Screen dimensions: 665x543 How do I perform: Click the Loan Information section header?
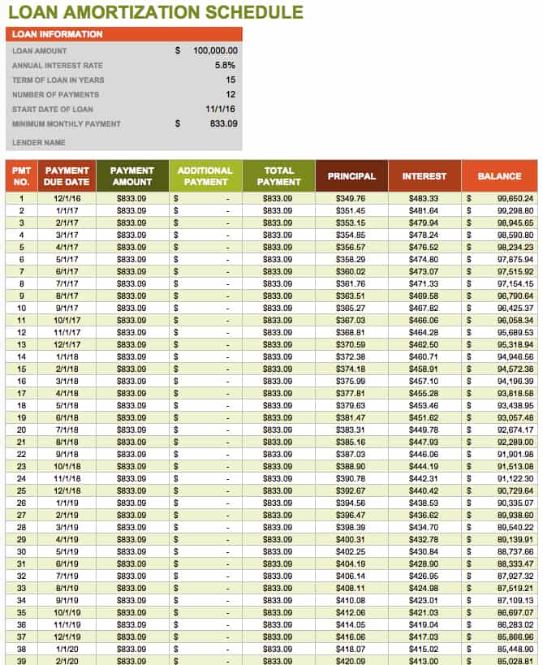(58, 34)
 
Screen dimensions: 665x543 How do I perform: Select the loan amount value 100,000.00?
(215, 50)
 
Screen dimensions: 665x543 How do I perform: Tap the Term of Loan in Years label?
(58, 80)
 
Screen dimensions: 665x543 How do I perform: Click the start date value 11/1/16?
(221, 109)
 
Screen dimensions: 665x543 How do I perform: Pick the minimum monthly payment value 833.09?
(222, 123)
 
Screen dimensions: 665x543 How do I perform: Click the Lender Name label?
(38, 143)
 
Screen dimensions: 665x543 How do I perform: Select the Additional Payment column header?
(205, 176)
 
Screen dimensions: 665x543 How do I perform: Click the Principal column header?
(351, 176)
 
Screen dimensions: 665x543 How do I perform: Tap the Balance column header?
(499, 176)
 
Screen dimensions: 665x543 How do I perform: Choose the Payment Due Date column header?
(67, 176)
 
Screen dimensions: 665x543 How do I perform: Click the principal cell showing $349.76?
(351, 198)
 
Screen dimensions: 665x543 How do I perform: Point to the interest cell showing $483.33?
(424, 198)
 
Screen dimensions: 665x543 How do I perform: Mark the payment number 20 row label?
(22, 430)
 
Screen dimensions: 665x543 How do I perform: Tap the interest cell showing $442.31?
(424, 478)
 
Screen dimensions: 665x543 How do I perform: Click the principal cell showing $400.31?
(351, 539)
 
